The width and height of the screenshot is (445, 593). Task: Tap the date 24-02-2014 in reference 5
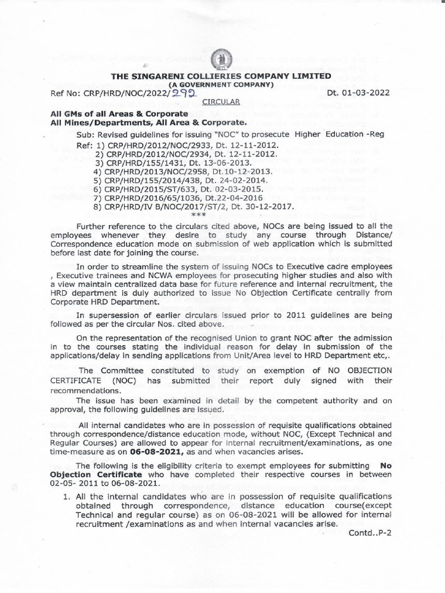click(x=239, y=180)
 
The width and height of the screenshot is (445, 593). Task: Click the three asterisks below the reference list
click(x=199, y=214)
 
